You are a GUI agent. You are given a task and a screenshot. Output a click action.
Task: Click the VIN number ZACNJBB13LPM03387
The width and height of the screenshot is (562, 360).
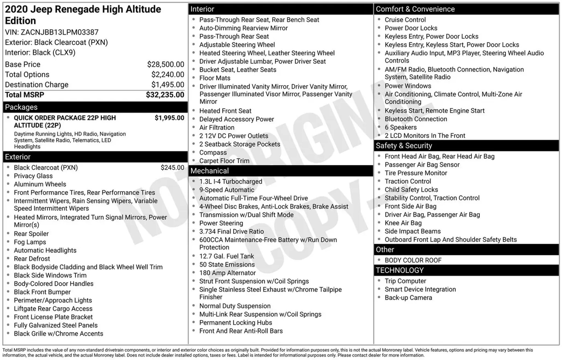point(60,32)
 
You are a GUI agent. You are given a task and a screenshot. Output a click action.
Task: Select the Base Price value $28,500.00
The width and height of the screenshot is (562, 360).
point(165,64)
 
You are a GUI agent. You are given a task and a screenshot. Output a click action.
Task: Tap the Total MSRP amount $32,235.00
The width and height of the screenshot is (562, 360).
point(165,95)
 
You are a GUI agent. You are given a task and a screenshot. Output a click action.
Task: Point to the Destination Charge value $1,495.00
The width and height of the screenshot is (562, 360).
point(168,85)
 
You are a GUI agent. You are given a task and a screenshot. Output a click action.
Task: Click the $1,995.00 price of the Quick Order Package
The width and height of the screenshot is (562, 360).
point(169,118)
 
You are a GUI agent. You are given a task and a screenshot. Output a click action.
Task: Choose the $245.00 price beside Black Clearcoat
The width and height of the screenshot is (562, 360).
point(172,168)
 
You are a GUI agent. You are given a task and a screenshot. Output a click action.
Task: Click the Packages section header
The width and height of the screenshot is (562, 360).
point(21,107)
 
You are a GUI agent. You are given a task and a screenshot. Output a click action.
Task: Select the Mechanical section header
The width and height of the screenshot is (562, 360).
point(209,171)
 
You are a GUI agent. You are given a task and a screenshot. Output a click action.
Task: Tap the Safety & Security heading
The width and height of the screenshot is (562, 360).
point(404,146)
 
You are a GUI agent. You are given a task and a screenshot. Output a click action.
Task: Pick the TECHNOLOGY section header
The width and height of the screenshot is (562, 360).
point(400,270)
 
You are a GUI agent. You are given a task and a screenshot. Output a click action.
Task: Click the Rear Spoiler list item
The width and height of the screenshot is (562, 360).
point(31,234)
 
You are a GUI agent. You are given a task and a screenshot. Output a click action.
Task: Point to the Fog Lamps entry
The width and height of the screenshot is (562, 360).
point(30,242)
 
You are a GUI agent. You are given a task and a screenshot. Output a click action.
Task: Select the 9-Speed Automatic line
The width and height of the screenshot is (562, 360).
point(227,190)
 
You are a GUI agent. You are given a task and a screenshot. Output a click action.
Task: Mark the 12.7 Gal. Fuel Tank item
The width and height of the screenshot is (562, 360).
point(227,256)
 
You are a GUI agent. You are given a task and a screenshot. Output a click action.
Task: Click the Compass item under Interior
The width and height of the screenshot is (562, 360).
point(213,152)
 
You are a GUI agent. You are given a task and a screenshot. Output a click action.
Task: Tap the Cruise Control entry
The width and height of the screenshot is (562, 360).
point(405,20)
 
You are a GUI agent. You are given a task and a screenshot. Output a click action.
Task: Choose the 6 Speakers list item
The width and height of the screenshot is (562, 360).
point(400,127)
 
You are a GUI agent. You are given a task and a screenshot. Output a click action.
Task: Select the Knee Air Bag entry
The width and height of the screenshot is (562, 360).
point(403,223)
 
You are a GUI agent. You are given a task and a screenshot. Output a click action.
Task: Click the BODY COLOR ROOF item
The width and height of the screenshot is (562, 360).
point(413,260)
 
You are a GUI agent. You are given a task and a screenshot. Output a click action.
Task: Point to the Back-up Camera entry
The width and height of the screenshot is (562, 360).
point(408,297)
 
